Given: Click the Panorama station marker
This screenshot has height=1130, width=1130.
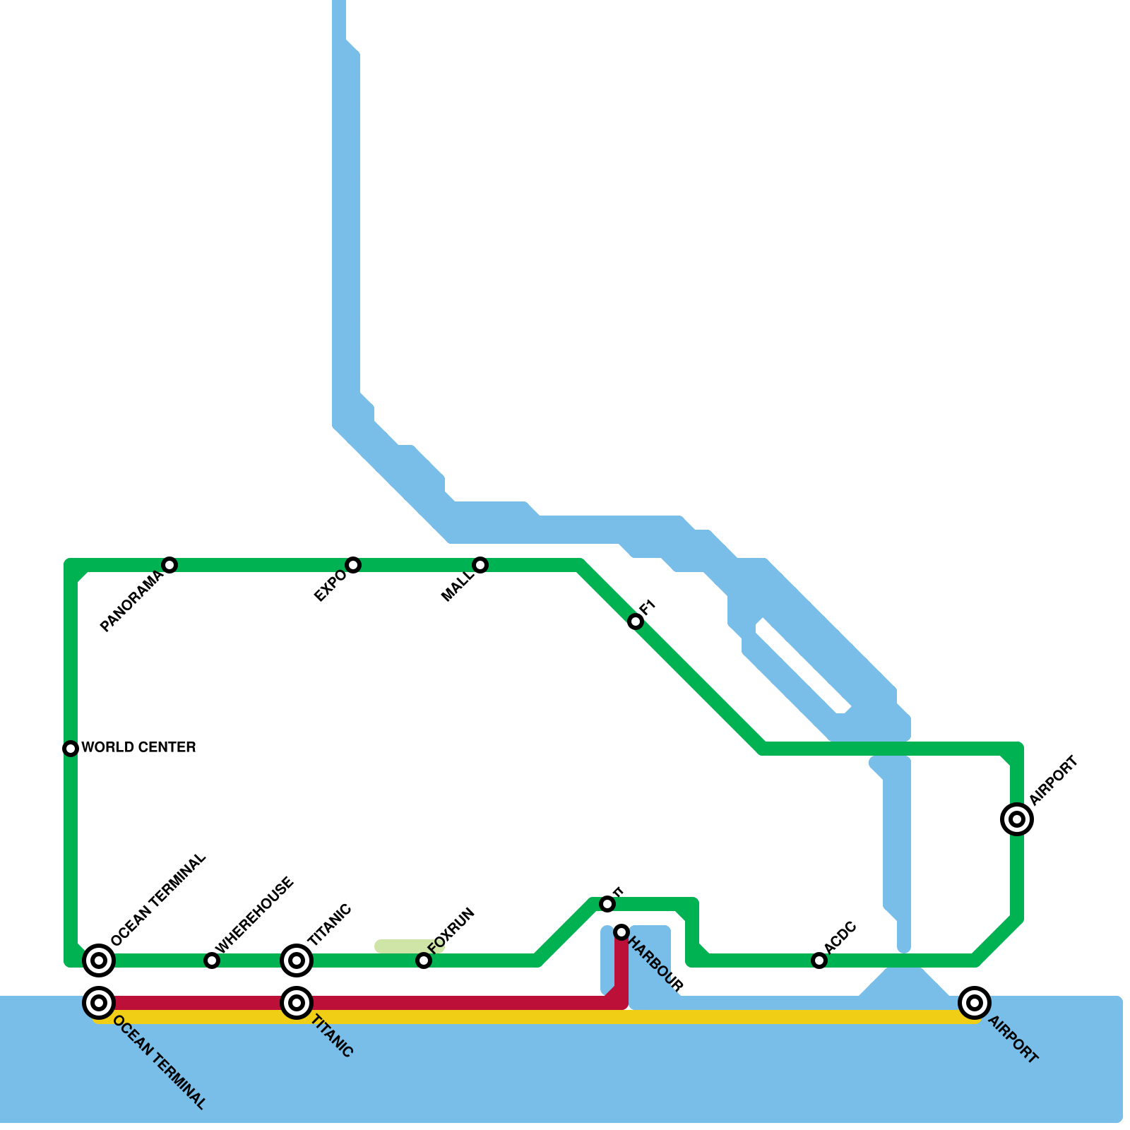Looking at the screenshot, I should [169, 564].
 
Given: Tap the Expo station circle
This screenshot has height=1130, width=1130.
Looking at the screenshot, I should [353, 564].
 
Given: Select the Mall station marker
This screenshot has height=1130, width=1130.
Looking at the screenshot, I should [480, 564].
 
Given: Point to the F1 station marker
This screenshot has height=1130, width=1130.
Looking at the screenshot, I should [636, 621].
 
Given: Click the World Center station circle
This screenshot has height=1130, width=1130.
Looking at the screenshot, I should [71, 748].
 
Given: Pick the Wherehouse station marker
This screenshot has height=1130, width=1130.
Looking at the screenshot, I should [212, 960].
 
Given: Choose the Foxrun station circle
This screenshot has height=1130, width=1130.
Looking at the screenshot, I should [424, 960].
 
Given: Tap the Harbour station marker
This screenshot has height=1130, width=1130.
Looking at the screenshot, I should [621, 932].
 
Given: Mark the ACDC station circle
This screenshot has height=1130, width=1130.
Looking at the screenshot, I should [819, 960].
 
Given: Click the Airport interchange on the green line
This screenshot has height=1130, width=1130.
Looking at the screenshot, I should [1017, 819].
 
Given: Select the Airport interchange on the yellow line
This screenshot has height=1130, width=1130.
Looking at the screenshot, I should [975, 1002].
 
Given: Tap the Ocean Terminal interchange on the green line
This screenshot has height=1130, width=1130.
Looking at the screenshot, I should [99, 960].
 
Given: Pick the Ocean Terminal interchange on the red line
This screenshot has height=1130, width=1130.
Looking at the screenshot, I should [99, 1002].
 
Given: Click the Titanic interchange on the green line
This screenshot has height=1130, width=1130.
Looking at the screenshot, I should [297, 960].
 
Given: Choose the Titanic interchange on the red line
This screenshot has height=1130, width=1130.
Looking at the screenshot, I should [297, 1002].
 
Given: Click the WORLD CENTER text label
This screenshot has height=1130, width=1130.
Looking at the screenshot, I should [138, 747].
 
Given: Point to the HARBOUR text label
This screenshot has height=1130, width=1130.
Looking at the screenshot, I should [656, 964].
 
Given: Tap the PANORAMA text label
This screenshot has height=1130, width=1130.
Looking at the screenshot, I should [132, 602].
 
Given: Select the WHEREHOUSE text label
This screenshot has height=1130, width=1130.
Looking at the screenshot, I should [254, 915].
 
